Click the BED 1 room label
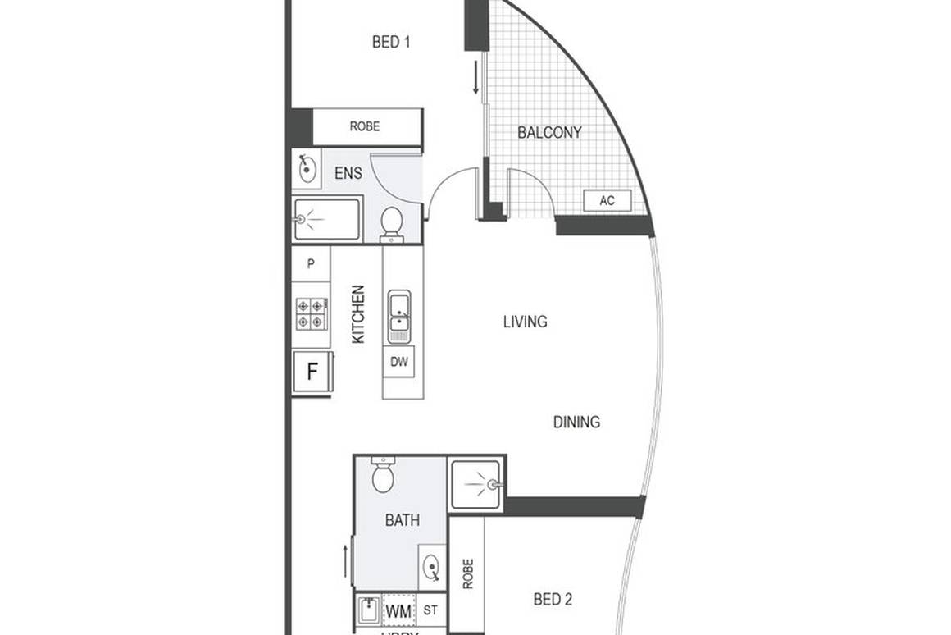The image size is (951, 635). coord(391,42)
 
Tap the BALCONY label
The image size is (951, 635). coord(549,132)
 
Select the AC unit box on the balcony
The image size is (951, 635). coord(607,200)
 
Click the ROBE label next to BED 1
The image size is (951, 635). coord(365,127)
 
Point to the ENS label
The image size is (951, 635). coord(348,174)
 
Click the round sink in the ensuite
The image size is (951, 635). coord(307,169)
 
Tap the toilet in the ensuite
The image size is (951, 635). coord(392,222)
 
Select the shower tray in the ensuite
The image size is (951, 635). coord(327,219)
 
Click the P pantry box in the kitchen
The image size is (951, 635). coord(311,264)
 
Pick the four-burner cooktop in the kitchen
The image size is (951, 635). coord(312,313)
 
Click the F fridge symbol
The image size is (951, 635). coord(312,371)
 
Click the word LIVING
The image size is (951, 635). coord(525,322)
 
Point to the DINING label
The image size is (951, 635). coord(576,423)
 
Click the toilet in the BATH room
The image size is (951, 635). coord(383,475)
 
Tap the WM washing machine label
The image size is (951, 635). coord(398,612)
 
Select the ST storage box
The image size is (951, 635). coord(430,611)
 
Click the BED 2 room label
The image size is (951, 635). coord(553,600)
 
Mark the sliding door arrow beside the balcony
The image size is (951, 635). coord(475,80)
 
